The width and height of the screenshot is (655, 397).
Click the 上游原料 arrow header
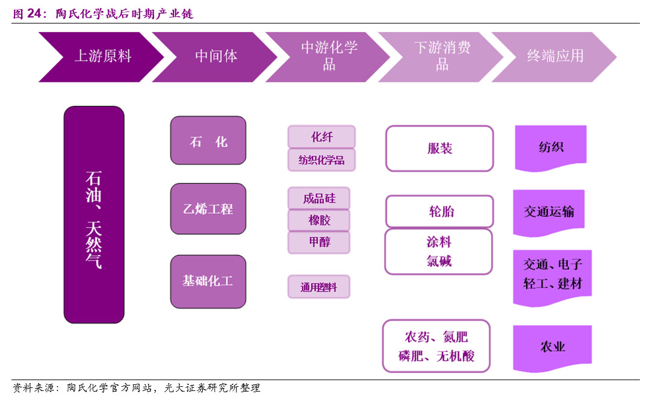[x=101, y=57]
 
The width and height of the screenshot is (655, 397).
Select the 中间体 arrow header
[x=216, y=57]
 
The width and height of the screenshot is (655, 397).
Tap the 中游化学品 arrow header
[x=329, y=57]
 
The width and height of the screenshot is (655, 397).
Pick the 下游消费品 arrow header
[x=442, y=57]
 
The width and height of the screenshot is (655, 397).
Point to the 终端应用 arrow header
[x=555, y=57]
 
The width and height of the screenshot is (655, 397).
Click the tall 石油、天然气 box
[x=94, y=214]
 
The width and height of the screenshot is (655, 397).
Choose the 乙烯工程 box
[x=208, y=209]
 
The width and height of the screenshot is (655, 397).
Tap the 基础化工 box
[x=208, y=281]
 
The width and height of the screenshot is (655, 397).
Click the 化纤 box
[x=321, y=137]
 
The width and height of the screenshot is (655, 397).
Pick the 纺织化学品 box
[x=321, y=160]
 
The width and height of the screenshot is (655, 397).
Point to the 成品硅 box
[x=319, y=198]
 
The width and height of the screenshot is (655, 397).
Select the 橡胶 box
[x=319, y=220]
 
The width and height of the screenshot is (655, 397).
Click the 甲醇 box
[x=319, y=242]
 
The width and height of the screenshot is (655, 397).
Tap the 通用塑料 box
[x=319, y=287]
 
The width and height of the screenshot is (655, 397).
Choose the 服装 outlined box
[x=439, y=148]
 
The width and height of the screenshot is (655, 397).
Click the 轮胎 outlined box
[x=439, y=211]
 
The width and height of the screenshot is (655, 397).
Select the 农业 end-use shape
[x=552, y=347]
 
